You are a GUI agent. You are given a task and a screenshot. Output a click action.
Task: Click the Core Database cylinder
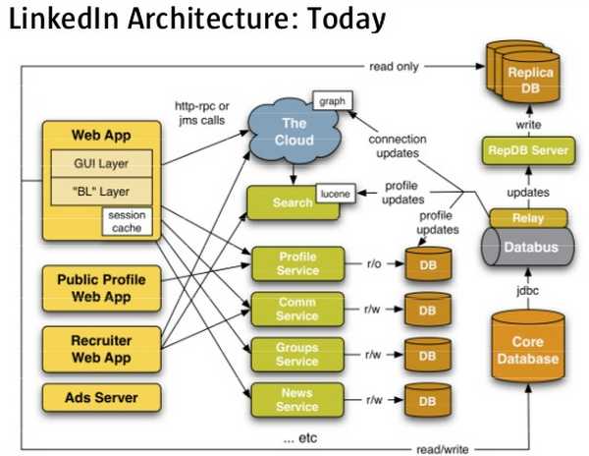[534, 350]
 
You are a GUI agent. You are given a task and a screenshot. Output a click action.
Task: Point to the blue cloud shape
[294, 131]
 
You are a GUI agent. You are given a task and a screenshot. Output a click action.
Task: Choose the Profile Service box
[298, 263]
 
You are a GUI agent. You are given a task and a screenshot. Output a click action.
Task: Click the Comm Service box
[298, 309]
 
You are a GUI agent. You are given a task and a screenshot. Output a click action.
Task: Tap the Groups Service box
[298, 354]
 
